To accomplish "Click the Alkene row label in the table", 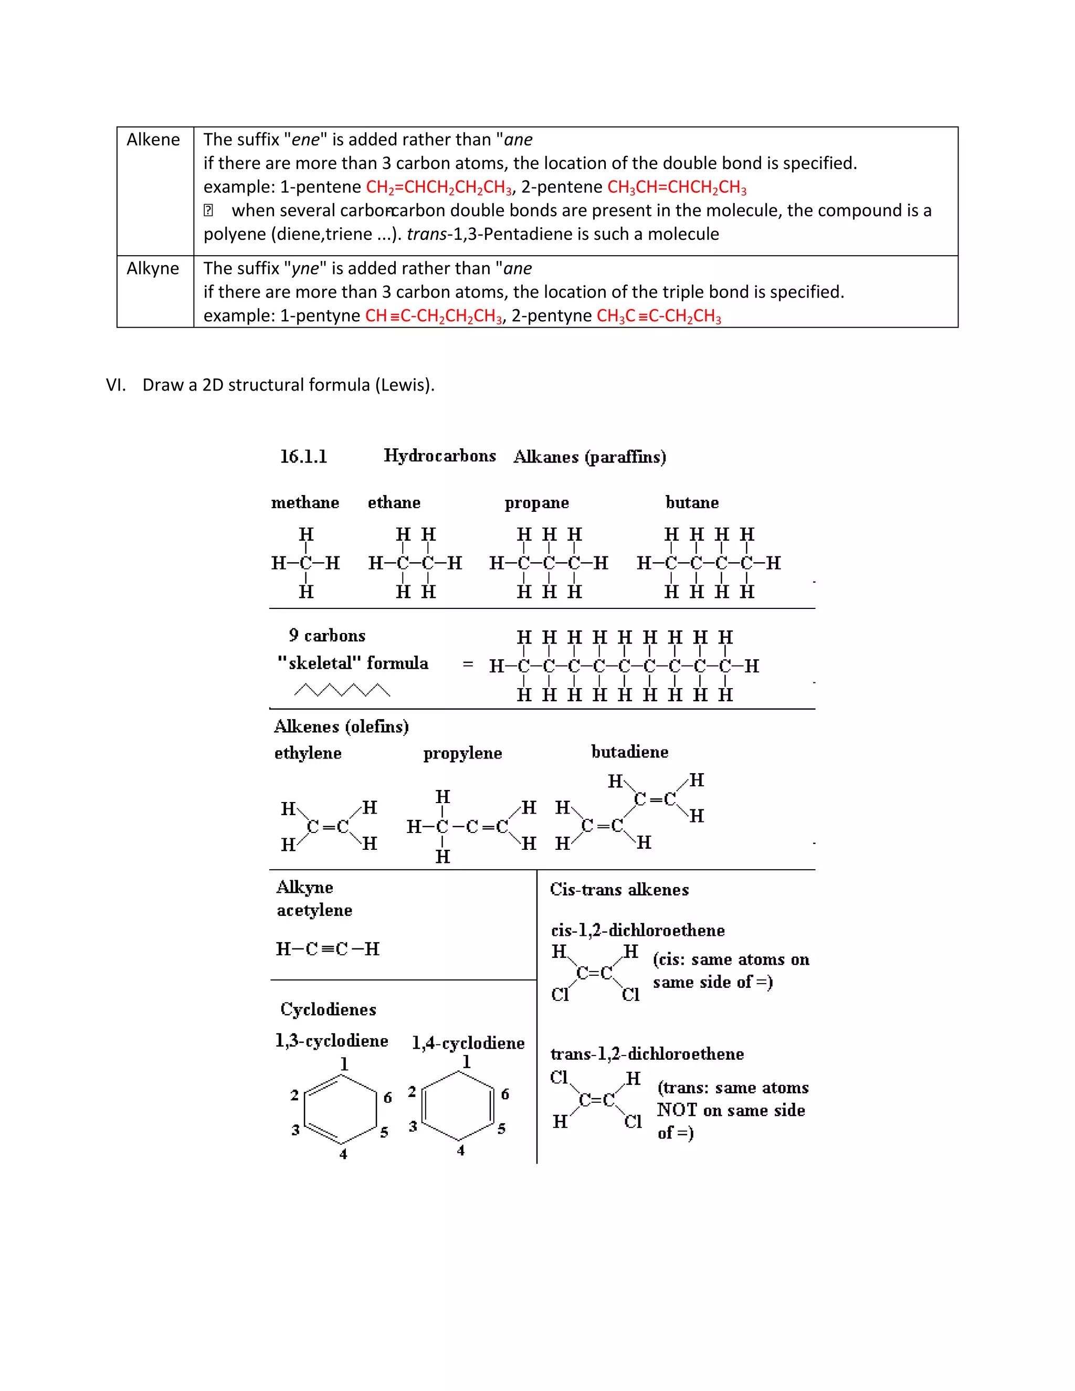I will (x=153, y=140).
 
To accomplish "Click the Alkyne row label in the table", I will (x=153, y=268).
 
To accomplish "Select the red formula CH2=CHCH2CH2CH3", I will (x=439, y=187).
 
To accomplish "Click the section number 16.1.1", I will (x=304, y=457).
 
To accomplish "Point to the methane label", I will (x=305, y=502).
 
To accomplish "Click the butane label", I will (x=692, y=502).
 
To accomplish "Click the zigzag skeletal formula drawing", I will (x=342, y=690).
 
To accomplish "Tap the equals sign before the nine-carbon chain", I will (x=468, y=665).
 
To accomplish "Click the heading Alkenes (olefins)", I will (x=341, y=726).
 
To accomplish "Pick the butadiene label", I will (x=629, y=752).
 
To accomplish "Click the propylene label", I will (x=462, y=753).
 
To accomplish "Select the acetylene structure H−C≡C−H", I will (x=328, y=949).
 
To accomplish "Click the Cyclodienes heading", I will (x=328, y=1009).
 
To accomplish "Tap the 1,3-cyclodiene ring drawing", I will (x=341, y=1109).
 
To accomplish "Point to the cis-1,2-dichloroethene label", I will (x=637, y=931).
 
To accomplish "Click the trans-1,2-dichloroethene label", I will (x=646, y=1054).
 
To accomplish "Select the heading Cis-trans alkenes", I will (x=619, y=890).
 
